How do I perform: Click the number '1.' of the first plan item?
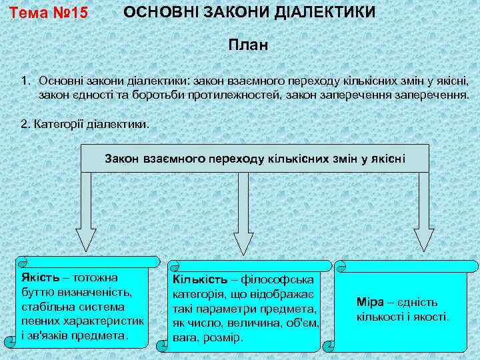click(x=26, y=81)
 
